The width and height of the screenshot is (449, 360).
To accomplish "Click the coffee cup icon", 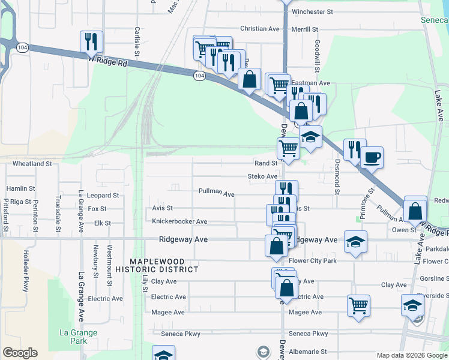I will [x=372, y=158].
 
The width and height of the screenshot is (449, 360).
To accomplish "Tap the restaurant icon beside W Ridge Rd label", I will [x=91, y=41].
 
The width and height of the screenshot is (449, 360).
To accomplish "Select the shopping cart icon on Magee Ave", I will [x=358, y=305].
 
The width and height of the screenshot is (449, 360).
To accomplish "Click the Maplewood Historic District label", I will [x=165, y=265].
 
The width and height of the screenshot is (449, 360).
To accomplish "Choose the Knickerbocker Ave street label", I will [x=179, y=221].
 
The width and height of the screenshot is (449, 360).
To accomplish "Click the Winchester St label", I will [x=312, y=12].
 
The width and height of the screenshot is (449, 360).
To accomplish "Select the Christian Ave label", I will [x=259, y=29].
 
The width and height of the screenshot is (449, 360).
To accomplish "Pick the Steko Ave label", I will [x=263, y=176].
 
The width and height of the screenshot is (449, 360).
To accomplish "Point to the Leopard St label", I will [x=103, y=196].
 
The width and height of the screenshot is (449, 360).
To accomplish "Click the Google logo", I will [x=20, y=353].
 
